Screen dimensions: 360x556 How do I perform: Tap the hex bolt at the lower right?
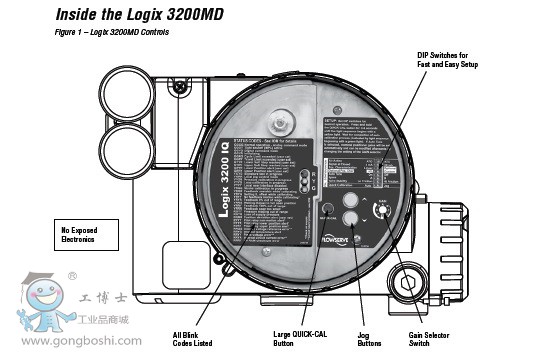[x=408, y=281]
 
